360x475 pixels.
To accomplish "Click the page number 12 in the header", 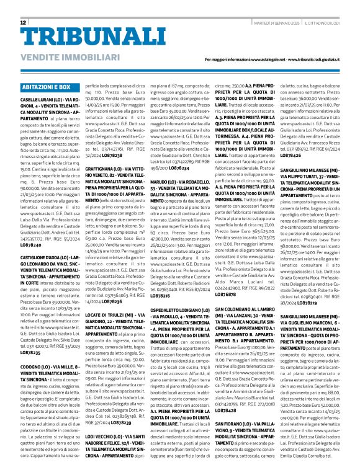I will pyautogui.click(x=24, y=22).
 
